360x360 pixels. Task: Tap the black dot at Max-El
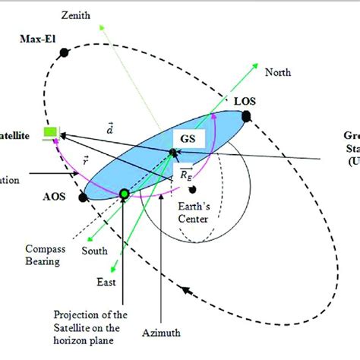[65, 52]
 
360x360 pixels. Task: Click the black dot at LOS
[245, 115]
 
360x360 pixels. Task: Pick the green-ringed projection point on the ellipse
[125, 196]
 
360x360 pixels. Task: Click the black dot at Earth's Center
[194, 188]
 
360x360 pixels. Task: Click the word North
[278, 74]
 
